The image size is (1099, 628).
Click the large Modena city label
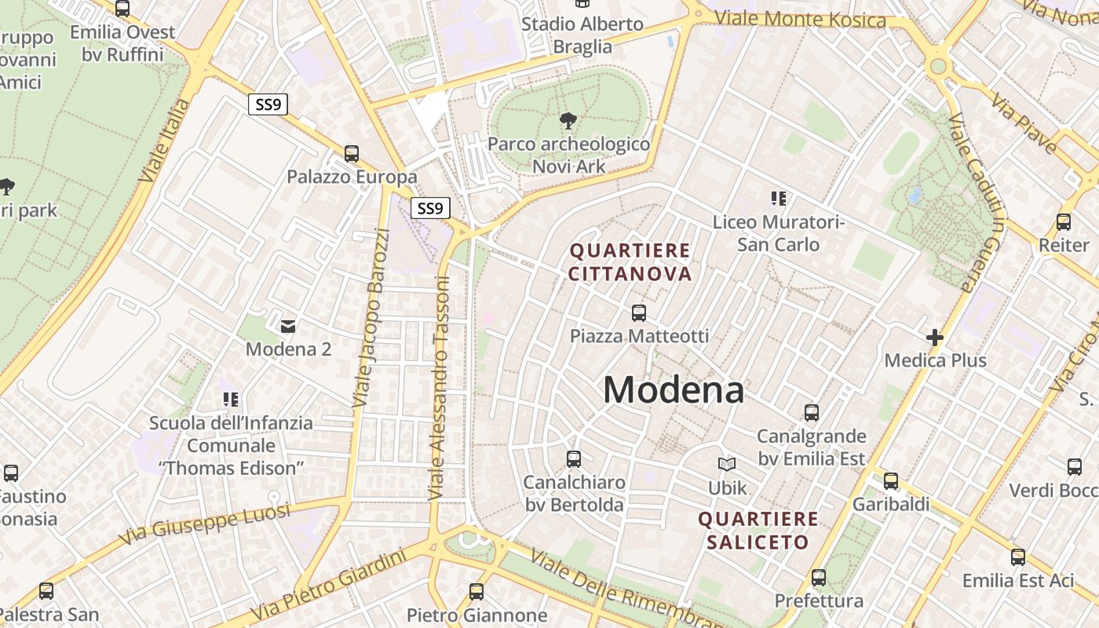pyautogui.click(x=674, y=390)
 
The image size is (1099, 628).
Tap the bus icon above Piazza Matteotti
pyautogui.click(x=639, y=313)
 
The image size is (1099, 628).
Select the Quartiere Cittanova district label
pyautogui.click(x=630, y=262)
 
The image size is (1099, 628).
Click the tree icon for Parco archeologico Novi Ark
pyautogui.click(x=568, y=121)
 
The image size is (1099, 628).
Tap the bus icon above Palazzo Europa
pyautogui.click(x=351, y=154)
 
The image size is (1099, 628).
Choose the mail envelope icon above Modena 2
pyautogui.click(x=288, y=326)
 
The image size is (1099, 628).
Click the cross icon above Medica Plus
pyautogui.click(x=934, y=338)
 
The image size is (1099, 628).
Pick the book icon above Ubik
pyautogui.click(x=727, y=465)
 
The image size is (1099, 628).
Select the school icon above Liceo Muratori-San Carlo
pyautogui.click(x=778, y=199)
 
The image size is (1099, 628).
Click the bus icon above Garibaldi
pyautogui.click(x=890, y=481)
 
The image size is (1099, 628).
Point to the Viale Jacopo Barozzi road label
pyautogui.click(x=371, y=317)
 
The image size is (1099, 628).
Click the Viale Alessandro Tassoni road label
pyautogui.click(x=439, y=389)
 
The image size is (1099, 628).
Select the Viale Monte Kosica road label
pyautogui.click(x=800, y=19)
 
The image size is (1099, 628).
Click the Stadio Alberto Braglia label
pyautogui.click(x=582, y=35)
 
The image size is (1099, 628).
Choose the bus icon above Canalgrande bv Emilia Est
pyautogui.click(x=811, y=413)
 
